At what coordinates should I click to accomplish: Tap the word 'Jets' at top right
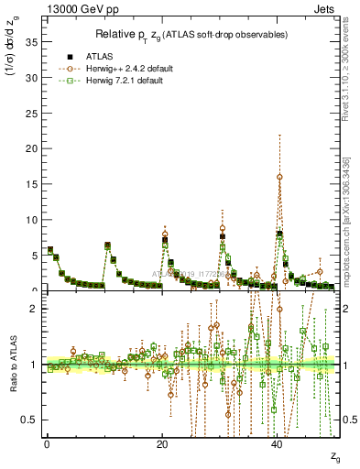coord(326,10)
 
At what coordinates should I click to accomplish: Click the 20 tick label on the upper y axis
coord(34,149)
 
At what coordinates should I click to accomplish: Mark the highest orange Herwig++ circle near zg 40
coord(279,177)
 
